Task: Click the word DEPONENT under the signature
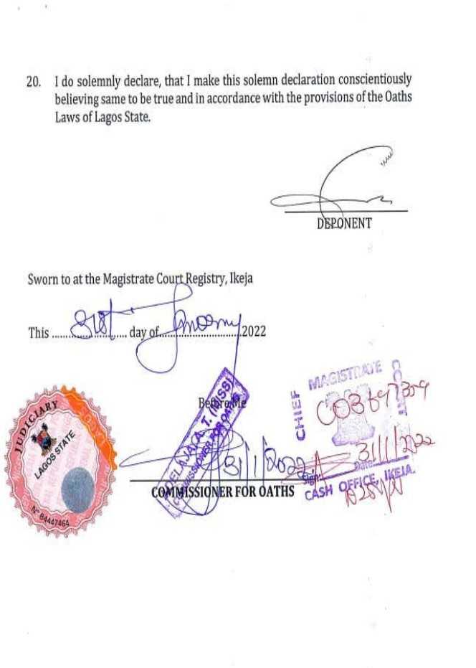coord(344,223)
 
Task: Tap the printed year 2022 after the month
coord(254,332)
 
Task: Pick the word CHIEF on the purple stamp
coord(300,414)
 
